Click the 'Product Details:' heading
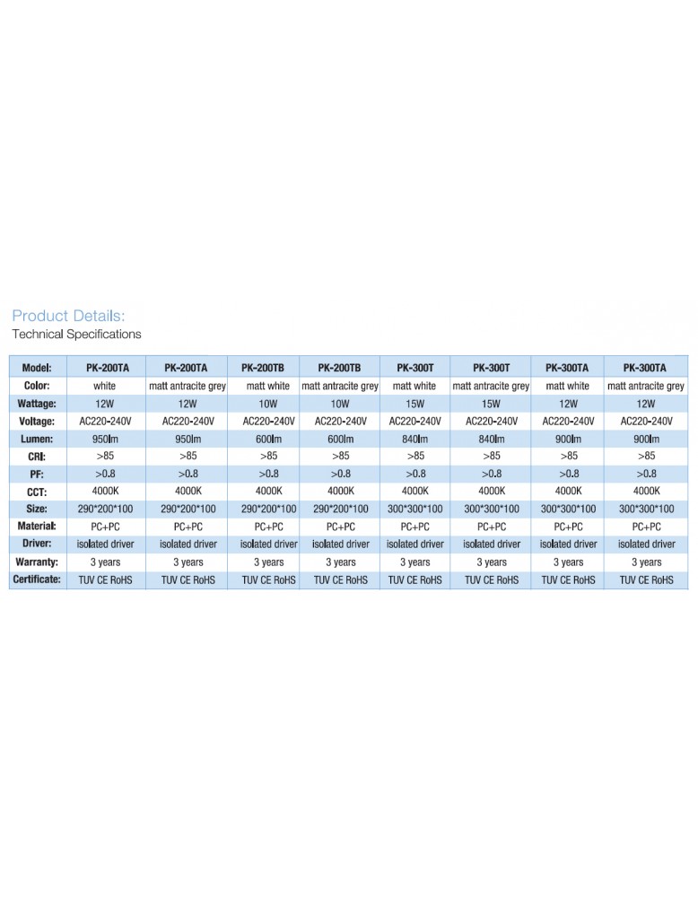click(68, 316)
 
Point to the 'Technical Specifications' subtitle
click(76, 335)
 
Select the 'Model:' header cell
click(37, 368)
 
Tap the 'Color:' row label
click(37, 386)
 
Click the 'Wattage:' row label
click(37, 404)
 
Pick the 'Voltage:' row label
click(37, 422)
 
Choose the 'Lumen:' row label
click(37, 439)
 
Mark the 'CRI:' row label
click(37, 457)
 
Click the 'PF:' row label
click(37, 474)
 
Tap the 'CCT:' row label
click(37, 492)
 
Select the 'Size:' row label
click(37, 509)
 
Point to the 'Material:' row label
click(37, 527)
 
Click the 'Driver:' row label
click(37, 544)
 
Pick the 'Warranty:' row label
click(37, 562)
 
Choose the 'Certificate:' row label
click(37, 580)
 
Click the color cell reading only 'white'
click(105, 386)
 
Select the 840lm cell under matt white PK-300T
click(414, 439)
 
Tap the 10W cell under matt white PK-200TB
click(267, 404)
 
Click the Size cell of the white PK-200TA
click(105, 509)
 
